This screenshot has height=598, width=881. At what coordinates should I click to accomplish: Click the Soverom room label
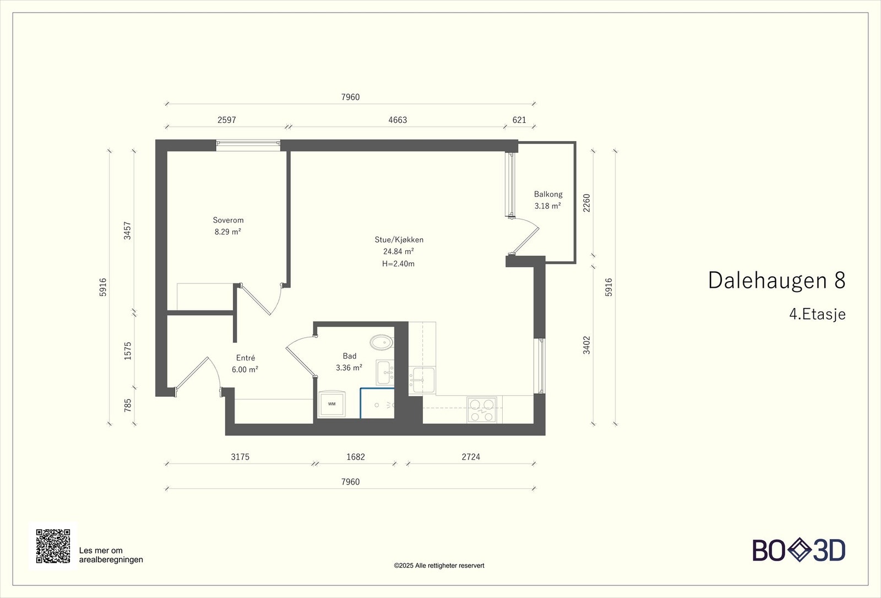point(228,220)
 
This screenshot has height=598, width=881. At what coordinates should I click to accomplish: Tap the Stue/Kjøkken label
point(399,240)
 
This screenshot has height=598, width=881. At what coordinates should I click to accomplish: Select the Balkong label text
point(548,194)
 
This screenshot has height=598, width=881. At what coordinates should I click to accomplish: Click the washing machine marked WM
point(331,404)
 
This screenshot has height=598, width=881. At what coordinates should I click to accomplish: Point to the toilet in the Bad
point(380,342)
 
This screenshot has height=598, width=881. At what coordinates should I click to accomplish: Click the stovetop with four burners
point(481,410)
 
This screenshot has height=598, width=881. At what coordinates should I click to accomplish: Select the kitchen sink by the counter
point(422,380)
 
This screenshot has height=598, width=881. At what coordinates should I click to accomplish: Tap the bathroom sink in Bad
point(385,373)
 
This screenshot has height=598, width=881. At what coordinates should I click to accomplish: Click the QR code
point(53,546)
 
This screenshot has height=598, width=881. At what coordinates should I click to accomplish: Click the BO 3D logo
point(798,550)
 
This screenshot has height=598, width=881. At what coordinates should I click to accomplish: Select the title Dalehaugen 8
point(776,280)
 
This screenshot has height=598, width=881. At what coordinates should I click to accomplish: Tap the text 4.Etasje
point(817,314)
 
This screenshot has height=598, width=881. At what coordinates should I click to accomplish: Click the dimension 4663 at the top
point(398,120)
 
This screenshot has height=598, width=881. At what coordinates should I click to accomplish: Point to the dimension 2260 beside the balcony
point(586,203)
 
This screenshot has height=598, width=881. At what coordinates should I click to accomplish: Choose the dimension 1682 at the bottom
point(356,456)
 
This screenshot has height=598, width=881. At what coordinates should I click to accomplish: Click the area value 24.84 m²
point(399,251)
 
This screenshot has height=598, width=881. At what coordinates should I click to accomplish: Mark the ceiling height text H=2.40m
point(398,263)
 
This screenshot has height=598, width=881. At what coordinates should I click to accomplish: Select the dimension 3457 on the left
point(127,230)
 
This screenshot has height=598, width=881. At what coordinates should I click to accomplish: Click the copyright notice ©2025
point(439,565)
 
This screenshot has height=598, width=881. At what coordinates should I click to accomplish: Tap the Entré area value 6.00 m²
point(245,369)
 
